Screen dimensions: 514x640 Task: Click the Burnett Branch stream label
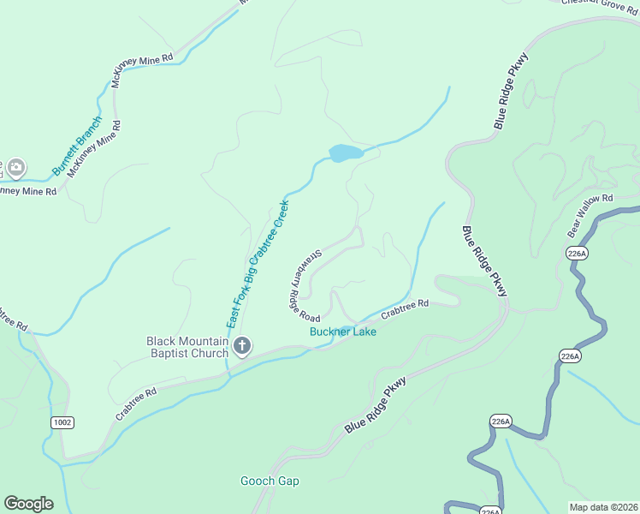[x=77, y=146]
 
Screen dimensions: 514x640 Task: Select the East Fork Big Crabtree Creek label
[x=258, y=264]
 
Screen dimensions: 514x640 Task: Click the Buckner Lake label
[x=343, y=332]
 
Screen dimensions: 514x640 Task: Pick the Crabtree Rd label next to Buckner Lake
[x=404, y=308]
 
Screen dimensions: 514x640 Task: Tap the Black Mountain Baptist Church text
[x=187, y=346]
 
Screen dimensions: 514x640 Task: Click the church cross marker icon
[x=242, y=346]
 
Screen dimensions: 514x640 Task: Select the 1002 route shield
[x=62, y=422]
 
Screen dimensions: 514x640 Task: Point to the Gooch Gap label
[x=270, y=481]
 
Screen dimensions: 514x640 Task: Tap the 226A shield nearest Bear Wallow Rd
[x=577, y=253]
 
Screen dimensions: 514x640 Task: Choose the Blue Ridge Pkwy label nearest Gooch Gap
[x=373, y=407]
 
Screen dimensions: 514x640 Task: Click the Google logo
[x=28, y=503]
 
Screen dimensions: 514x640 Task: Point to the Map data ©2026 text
[x=603, y=506]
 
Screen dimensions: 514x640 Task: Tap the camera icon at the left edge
[x=16, y=167]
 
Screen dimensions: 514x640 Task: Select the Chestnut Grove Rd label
[x=600, y=3]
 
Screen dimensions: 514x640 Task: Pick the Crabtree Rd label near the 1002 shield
[x=136, y=405]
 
